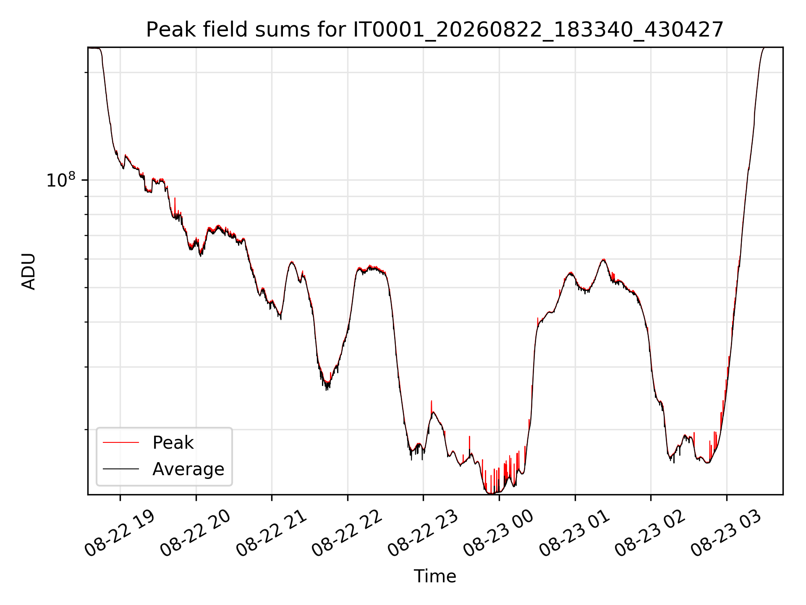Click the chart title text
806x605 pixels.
click(434, 30)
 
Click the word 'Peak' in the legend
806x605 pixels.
click(173, 443)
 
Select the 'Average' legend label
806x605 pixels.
click(188, 469)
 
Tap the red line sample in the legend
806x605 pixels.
click(121, 442)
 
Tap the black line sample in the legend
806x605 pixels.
click(121, 469)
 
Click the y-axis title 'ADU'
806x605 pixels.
click(29, 271)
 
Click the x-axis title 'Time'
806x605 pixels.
click(435, 576)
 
